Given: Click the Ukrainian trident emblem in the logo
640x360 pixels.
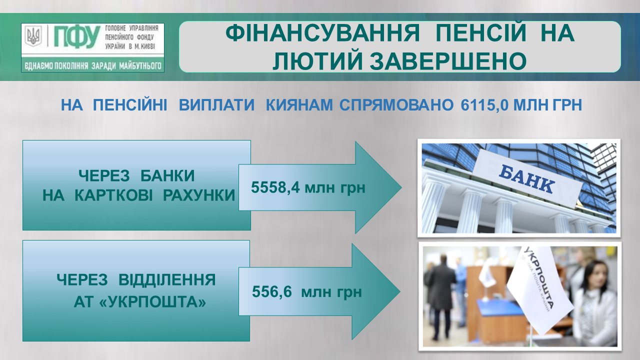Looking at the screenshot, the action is [33, 35].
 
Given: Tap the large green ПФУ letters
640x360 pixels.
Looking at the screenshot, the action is [77, 37].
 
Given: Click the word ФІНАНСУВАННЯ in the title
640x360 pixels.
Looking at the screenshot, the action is [322, 33].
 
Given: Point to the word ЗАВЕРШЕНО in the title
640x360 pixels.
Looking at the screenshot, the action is [448, 61].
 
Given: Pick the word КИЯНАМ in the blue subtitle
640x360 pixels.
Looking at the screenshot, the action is [299, 105].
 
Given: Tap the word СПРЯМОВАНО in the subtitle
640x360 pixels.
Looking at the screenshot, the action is [396, 105].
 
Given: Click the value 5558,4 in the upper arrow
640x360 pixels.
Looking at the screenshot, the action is [275, 187].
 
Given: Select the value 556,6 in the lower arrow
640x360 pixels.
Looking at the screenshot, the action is [272, 291].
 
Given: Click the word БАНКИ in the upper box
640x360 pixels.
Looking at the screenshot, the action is [167, 175].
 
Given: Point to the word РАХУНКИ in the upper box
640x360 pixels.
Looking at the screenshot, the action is [198, 195].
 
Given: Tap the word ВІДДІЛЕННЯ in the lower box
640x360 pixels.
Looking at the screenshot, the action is [167, 279].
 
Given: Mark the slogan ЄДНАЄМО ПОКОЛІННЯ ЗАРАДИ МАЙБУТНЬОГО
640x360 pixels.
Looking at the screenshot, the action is [93, 66].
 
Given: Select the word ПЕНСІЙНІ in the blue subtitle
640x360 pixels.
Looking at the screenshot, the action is [130, 105].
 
